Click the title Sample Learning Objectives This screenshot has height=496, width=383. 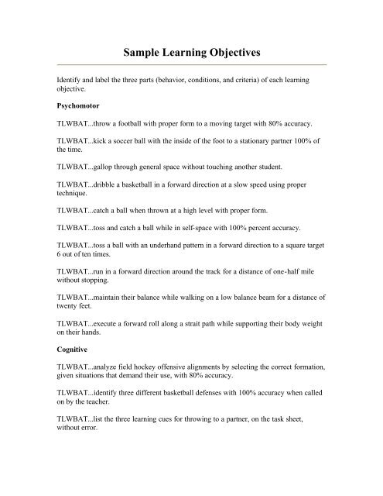[x=191, y=52]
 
